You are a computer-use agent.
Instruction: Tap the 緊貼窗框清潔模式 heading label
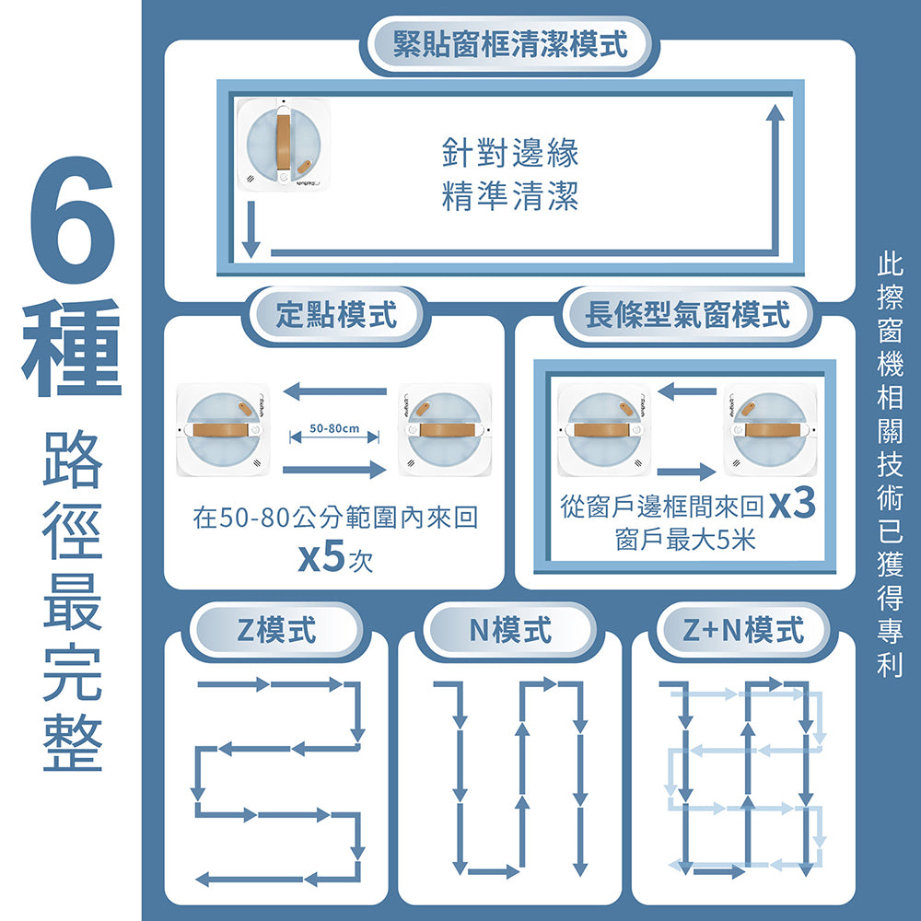[510, 44]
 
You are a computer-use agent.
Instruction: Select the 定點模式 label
[336, 315]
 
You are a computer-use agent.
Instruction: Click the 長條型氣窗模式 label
[687, 315]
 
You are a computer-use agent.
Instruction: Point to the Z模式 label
[276, 631]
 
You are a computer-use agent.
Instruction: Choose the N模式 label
[510, 631]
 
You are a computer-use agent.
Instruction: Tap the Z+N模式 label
[744, 631]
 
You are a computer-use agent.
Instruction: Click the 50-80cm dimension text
[334, 428]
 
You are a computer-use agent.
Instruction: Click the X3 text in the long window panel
[791, 507]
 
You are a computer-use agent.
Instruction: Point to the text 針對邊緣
[510, 153]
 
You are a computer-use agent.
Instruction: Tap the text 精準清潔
[510, 195]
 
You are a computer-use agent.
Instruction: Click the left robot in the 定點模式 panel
[224, 429]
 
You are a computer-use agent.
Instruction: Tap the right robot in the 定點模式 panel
[444, 429]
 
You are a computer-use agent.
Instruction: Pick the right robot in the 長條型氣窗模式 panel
[770, 429]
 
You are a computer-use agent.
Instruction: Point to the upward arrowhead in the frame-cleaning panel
[775, 113]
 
